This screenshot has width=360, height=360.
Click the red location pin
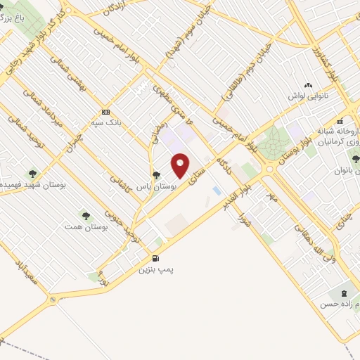point(181,165)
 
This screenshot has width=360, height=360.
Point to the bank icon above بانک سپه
point(105,112)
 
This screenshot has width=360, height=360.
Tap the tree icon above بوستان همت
point(86,216)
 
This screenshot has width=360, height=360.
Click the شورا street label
point(240,208)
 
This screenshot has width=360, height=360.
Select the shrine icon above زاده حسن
point(344,292)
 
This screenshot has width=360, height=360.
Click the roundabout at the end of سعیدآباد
point(53,300)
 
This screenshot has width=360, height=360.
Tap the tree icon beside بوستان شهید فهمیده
point(32,172)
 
